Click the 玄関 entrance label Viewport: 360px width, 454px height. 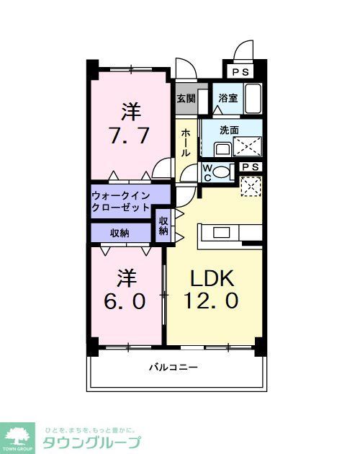(186, 99)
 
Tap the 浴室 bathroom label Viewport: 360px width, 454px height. (228, 99)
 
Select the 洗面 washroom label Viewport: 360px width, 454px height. (229, 130)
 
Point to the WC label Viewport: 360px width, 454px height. (207, 172)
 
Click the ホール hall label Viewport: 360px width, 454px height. (186, 142)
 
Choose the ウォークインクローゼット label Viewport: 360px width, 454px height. (120, 201)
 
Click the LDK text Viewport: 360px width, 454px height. (212, 278)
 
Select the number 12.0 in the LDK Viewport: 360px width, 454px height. (214, 301)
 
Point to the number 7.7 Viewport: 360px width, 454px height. (130, 135)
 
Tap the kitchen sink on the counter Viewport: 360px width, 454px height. (221, 232)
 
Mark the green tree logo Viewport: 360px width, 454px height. (19, 435)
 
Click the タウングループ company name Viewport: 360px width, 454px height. (91, 442)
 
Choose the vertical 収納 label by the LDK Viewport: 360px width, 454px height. (163, 226)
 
